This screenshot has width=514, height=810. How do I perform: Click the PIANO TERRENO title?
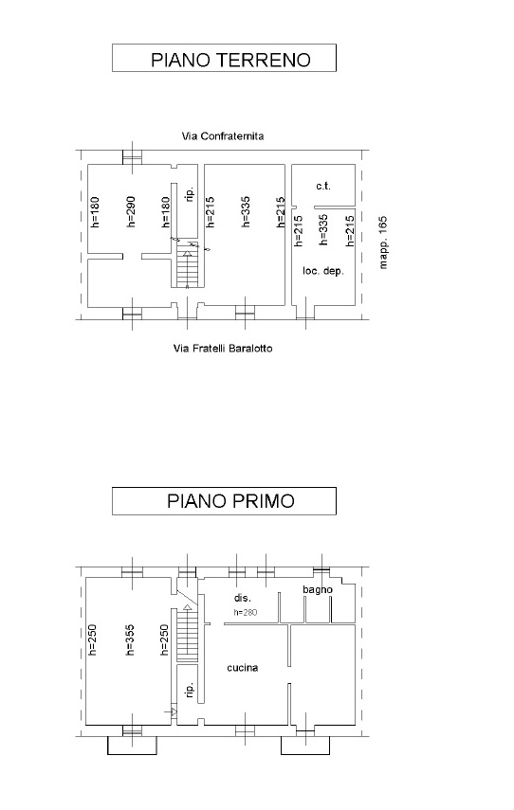point(230,60)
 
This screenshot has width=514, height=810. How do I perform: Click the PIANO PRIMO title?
point(230,500)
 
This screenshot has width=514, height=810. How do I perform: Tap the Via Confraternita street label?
point(223,136)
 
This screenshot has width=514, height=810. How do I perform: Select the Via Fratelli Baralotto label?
point(223,349)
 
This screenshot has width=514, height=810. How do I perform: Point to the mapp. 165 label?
point(383,243)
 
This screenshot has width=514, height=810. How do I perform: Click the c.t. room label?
point(323,186)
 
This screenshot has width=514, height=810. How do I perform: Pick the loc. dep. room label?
point(323,271)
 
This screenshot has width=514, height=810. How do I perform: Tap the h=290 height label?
point(130,211)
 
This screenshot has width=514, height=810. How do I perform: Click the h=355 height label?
point(130,640)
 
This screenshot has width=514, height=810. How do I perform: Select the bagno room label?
point(318,590)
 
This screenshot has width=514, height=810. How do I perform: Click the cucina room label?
point(243,668)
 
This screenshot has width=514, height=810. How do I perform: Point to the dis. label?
point(243,598)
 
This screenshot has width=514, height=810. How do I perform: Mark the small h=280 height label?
point(246,613)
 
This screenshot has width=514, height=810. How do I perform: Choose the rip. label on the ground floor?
point(190,194)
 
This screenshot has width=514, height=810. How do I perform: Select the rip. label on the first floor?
point(190,690)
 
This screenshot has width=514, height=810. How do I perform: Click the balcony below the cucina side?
point(305,745)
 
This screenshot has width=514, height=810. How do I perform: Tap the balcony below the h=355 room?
point(132,745)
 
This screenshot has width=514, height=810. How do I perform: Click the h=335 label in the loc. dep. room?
point(323,229)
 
